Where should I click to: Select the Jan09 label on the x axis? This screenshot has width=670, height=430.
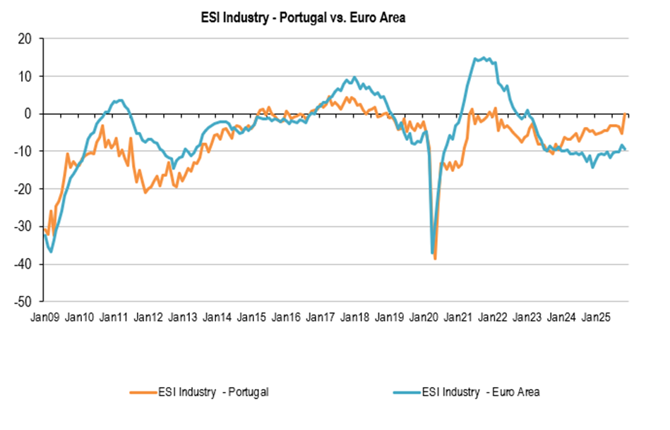[x=44, y=317]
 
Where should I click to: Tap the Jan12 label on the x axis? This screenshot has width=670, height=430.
[x=148, y=317]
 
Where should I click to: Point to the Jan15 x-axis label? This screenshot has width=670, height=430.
[x=252, y=317]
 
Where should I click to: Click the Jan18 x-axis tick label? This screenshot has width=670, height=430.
[x=356, y=317]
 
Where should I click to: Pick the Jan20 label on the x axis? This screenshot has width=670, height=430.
[x=425, y=317]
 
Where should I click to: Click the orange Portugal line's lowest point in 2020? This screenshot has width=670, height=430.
[x=435, y=259]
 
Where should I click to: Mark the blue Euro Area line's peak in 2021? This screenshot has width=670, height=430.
[x=483, y=58]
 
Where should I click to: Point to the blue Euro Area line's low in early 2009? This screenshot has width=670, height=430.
[x=52, y=252]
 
